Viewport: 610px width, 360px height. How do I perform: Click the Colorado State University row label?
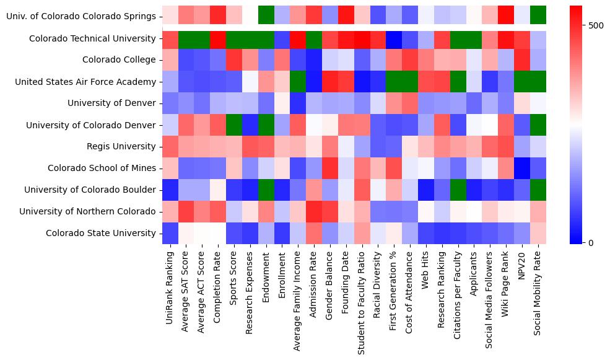tap(101, 233)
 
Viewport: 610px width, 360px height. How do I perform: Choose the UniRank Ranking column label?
tap(170, 286)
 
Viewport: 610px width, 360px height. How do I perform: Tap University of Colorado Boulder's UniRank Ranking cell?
tap(169, 190)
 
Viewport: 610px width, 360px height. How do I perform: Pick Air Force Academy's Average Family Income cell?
tap(298, 82)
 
